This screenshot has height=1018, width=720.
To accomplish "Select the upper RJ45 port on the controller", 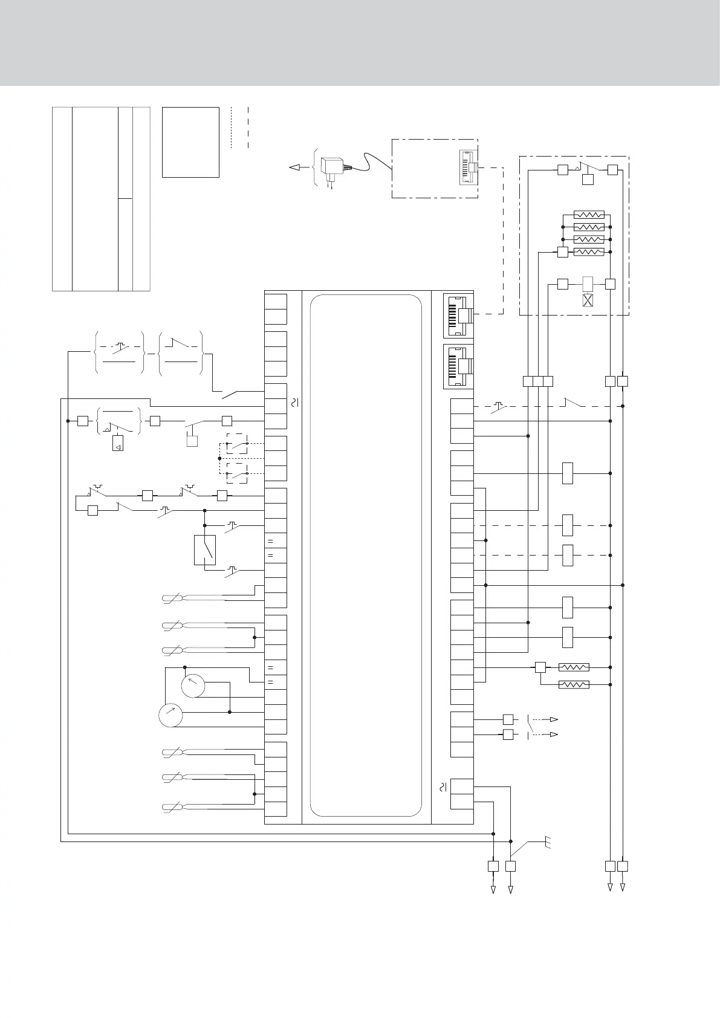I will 458,315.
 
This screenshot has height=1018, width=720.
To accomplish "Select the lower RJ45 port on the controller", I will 458,366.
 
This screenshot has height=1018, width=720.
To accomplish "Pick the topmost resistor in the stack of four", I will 588,215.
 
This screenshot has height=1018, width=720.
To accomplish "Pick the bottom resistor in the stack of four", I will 588,251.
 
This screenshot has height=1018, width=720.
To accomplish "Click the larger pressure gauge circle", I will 170,715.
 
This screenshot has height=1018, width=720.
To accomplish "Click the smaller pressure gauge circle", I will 193,686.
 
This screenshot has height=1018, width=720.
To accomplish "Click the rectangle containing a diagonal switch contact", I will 205,550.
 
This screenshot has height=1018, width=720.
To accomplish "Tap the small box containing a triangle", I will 118,443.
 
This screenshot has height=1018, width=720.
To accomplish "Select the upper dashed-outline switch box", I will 236,444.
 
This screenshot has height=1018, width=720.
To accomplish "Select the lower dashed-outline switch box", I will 236,474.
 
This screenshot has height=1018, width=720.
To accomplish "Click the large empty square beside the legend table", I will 190,142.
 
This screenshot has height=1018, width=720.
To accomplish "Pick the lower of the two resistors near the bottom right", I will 573,684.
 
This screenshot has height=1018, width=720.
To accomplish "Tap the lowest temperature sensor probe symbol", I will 175,807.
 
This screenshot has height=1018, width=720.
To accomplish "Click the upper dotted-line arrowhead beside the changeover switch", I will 553,719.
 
